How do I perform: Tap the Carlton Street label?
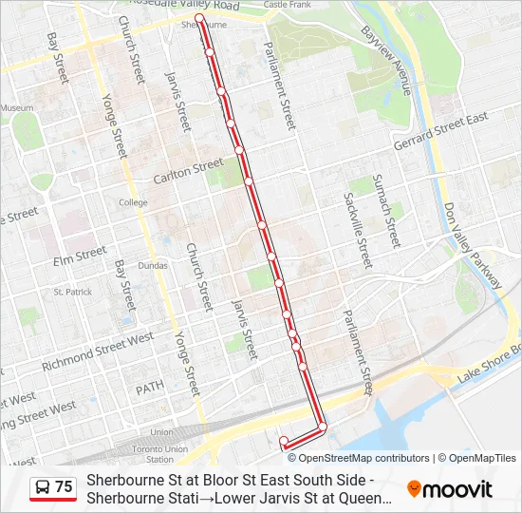(188, 172)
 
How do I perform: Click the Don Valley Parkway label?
(472, 245)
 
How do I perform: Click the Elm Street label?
(80, 256)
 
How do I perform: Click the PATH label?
(149, 389)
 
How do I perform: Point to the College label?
(133, 202)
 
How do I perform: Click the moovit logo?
(450, 489)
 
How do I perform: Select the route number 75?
(64, 487)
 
